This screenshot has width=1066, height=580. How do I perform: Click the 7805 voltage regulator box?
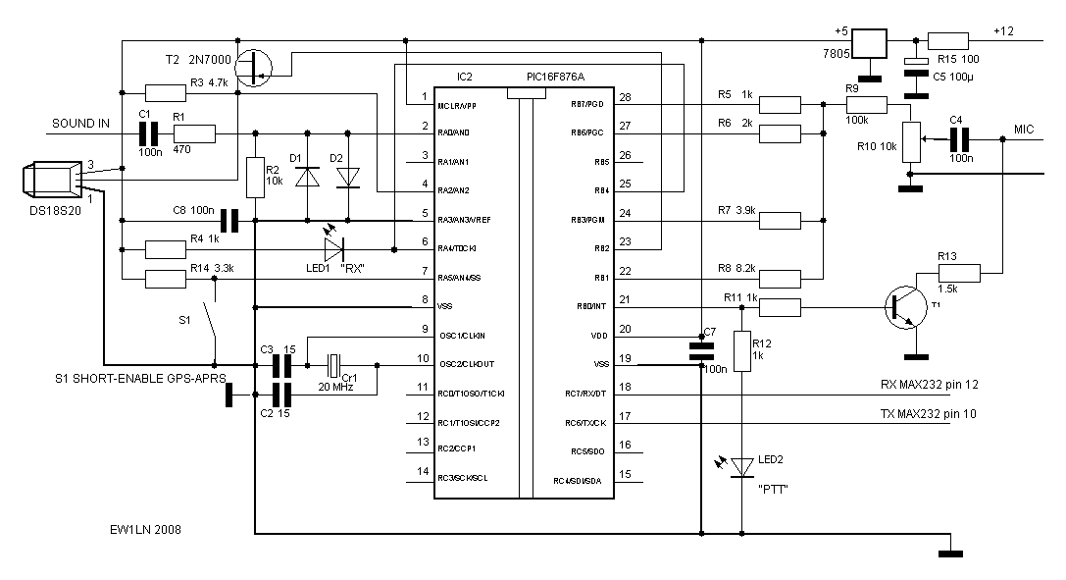(x=868, y=45)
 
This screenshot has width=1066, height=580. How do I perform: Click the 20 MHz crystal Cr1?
(x=335, y=366)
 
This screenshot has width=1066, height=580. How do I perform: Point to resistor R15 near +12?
(x=947, y=41)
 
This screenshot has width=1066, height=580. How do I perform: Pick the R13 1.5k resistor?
(x=946, y=273)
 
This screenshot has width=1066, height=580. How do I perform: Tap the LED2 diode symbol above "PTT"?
(x=741, y=464)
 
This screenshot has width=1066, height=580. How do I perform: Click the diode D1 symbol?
(x=308, y=177)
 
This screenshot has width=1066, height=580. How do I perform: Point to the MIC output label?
(x=1024, y=129)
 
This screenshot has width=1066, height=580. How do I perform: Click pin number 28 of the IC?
(x=625, y=97)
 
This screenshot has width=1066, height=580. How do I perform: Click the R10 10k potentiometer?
(x=911, y=142)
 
